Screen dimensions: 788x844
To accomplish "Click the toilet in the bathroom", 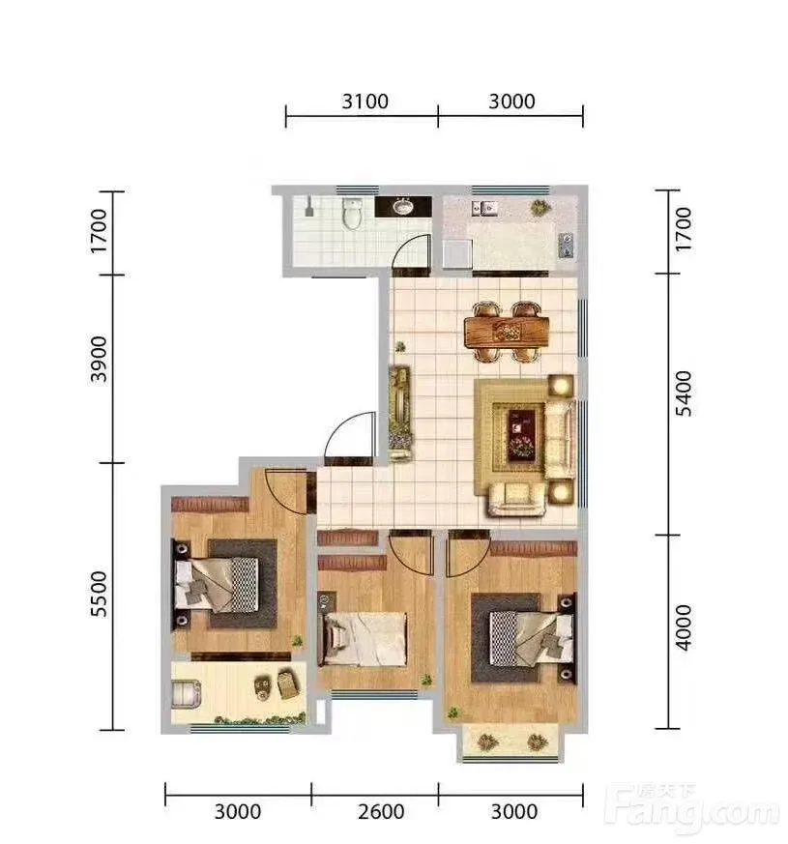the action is [x=352, y=214].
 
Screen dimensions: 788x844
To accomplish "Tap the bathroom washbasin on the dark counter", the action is [x=402, y=206].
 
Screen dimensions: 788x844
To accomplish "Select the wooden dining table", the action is [x=507, y=331].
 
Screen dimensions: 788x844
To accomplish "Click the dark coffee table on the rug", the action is [x=521, y=435].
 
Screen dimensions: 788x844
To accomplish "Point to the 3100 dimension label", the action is [x=365, y=102].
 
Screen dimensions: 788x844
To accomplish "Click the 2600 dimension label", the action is [x=381, y=812].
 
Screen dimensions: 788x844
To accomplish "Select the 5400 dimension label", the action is [x=684, y=393].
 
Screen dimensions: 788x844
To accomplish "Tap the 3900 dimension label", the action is [x=99, y=359].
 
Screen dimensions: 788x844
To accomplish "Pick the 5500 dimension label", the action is [x=99, y=595].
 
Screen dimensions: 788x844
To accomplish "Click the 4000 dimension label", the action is [x=684, y=627].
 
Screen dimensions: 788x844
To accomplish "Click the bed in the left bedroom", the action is [x=216, y=585].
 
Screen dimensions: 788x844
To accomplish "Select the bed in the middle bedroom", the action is [x=364, y=639].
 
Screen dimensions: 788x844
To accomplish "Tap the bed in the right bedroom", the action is [x=532, y=638].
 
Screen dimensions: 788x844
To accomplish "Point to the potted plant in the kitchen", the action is [x=540, y=207].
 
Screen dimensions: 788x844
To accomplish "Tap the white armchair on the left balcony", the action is [x=187, y=694].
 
